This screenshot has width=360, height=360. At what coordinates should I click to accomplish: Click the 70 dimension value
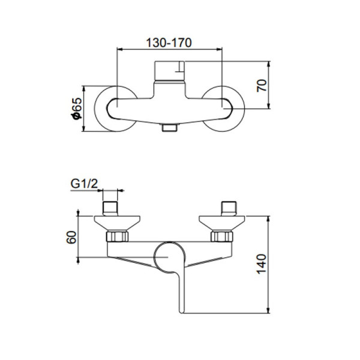click(x=260, y=85)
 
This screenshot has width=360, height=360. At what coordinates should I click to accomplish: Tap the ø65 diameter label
click(x=76, y=109)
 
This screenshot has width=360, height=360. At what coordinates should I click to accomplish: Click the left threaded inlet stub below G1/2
click(x=112, y=208)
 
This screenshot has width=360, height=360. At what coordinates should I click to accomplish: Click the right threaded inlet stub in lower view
click(x=229, y=208)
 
